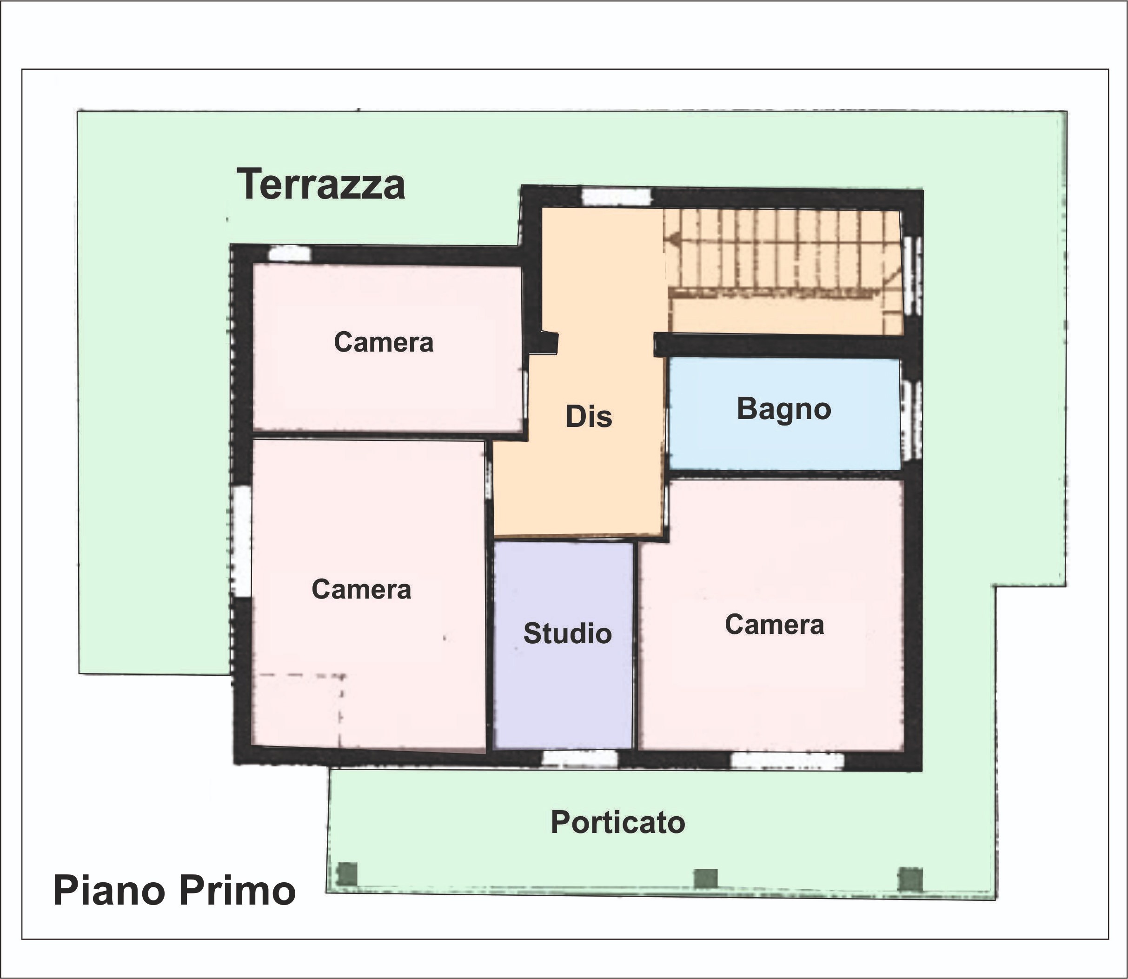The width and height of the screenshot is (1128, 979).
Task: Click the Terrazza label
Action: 321,184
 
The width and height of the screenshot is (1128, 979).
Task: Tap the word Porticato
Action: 618,822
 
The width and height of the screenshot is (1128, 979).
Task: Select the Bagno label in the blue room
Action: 784,409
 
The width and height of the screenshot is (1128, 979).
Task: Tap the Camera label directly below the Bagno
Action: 774,625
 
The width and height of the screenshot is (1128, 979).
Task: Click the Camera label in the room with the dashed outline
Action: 361,589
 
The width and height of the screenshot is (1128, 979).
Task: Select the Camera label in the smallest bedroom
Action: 384,343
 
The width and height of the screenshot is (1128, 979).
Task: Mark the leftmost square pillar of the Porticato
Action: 347,873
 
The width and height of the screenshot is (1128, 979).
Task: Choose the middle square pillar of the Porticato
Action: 705,879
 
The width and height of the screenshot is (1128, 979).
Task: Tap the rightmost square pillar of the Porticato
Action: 910,879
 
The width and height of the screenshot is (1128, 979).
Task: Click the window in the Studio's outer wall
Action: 579,759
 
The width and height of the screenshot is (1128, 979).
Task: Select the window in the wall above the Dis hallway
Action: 617,197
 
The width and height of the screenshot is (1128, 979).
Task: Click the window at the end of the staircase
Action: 912,276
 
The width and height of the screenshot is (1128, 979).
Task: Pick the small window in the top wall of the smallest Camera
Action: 290,253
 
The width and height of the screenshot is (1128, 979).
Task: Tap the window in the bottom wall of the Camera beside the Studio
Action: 787,761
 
